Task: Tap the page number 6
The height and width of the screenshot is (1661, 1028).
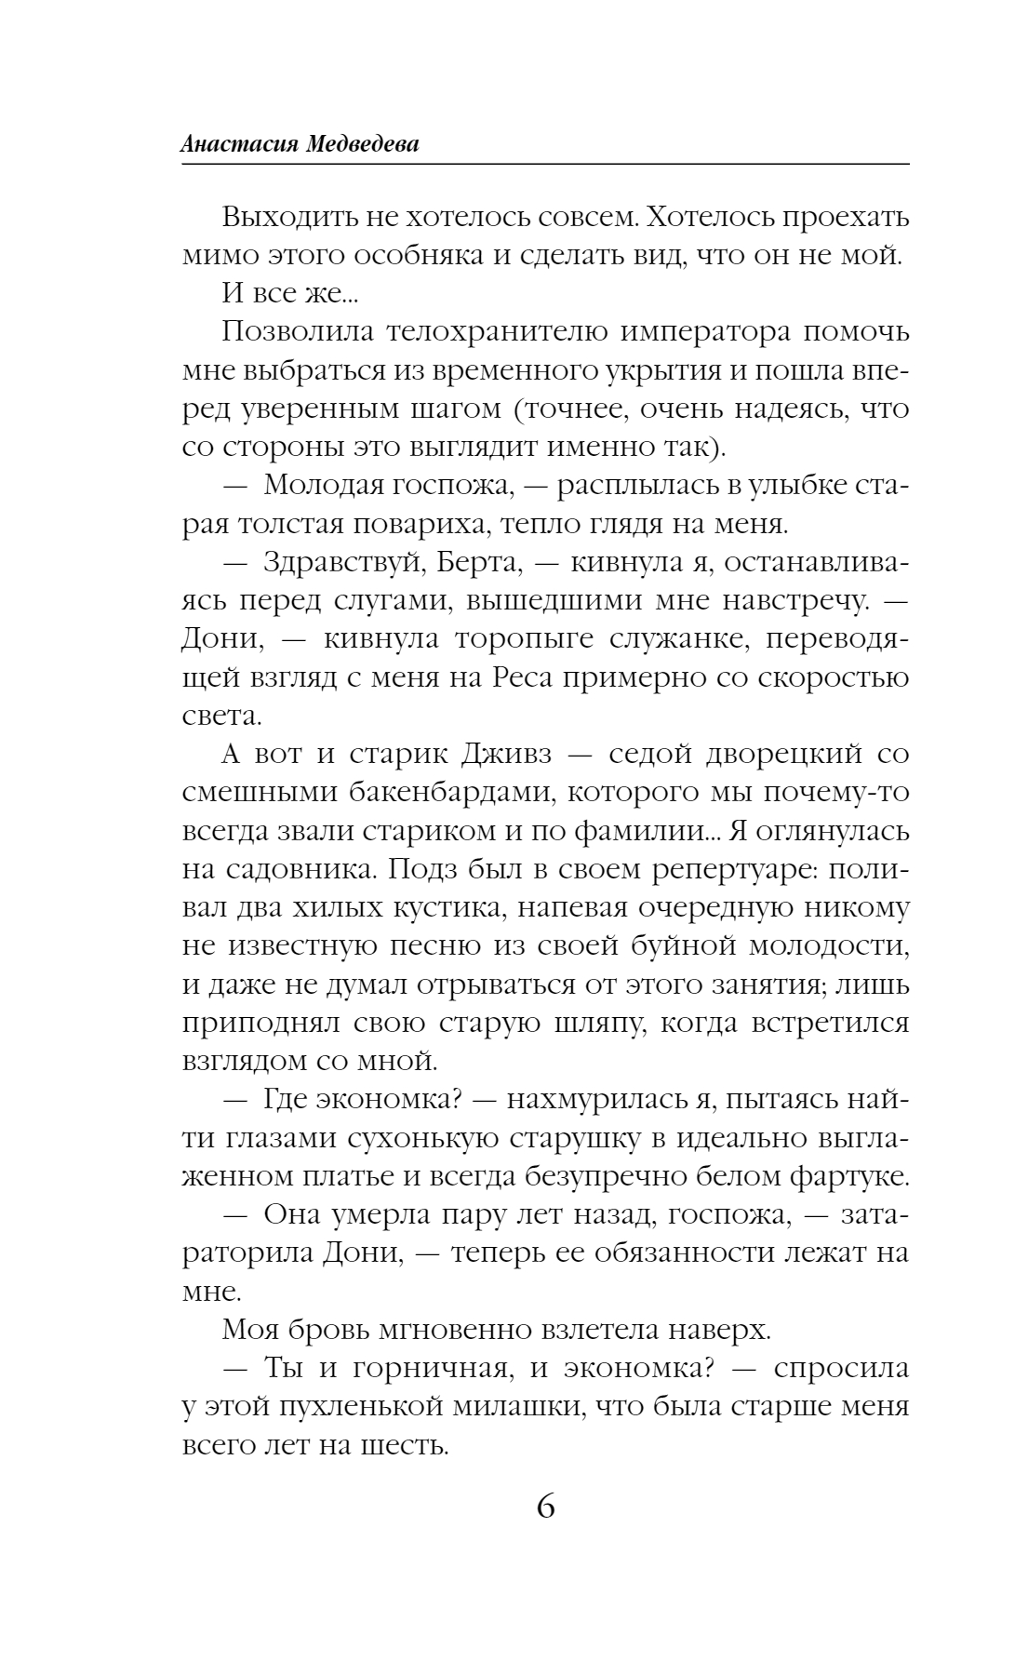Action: [x=545, y=1504]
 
